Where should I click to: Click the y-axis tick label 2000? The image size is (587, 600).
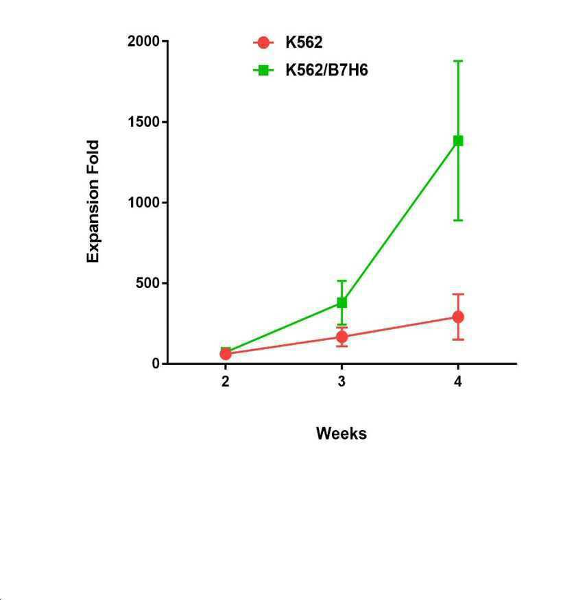pos(143,41)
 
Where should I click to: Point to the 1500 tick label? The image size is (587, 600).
pos(143,121)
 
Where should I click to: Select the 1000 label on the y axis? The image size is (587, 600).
pos(143,202)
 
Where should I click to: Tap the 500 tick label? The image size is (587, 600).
pos(147,283)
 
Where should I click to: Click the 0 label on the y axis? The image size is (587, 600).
pos(156,363)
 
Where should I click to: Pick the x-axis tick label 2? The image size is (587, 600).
pos(226,381)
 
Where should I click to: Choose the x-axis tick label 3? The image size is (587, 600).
pos(342,381)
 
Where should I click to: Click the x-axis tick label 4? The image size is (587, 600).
pos(458,381)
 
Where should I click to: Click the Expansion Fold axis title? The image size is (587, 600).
pos(93,202)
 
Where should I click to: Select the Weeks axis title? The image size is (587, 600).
pos(342,433)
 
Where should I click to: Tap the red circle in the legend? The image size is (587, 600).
pos(263,43)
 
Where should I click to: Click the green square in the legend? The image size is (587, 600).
pos(263,71)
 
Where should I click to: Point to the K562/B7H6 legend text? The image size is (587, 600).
pos(327,70)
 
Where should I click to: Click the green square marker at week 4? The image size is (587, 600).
pos(458,141)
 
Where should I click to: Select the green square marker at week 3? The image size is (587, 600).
pos(342,302)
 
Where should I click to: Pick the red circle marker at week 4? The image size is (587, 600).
pos(458,317)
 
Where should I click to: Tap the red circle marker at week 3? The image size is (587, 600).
pos(342,337)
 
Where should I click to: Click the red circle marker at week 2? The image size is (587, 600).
pos(226,354)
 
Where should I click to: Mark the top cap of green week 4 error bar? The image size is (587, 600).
pos(458,61)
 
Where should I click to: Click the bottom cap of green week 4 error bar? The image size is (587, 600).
pos(458,220)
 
